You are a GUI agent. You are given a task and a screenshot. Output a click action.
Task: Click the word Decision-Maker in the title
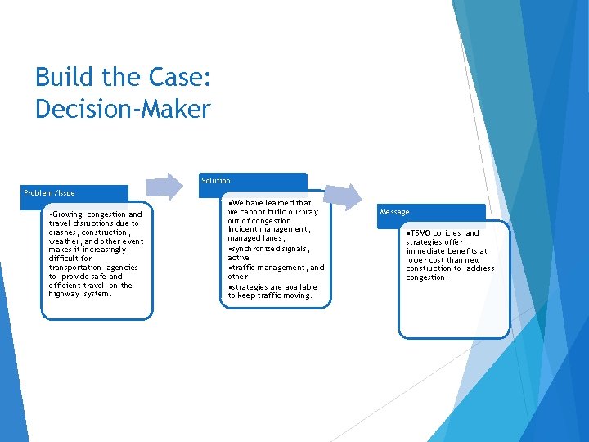[123, 109]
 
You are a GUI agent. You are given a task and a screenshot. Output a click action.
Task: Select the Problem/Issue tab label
[49, 193]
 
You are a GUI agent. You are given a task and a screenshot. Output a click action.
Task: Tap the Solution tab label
[216, 181]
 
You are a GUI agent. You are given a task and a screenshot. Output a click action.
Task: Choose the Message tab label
[394, 212]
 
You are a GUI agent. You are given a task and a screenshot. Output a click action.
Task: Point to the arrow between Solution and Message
[347, 197]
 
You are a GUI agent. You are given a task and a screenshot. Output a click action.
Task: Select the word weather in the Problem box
[65, 241]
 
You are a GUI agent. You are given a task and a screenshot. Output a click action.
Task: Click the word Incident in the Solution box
[244, 230]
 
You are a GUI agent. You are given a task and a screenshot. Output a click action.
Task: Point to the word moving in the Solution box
[298, 295]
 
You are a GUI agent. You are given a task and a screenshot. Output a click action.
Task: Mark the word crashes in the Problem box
[64, 232]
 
